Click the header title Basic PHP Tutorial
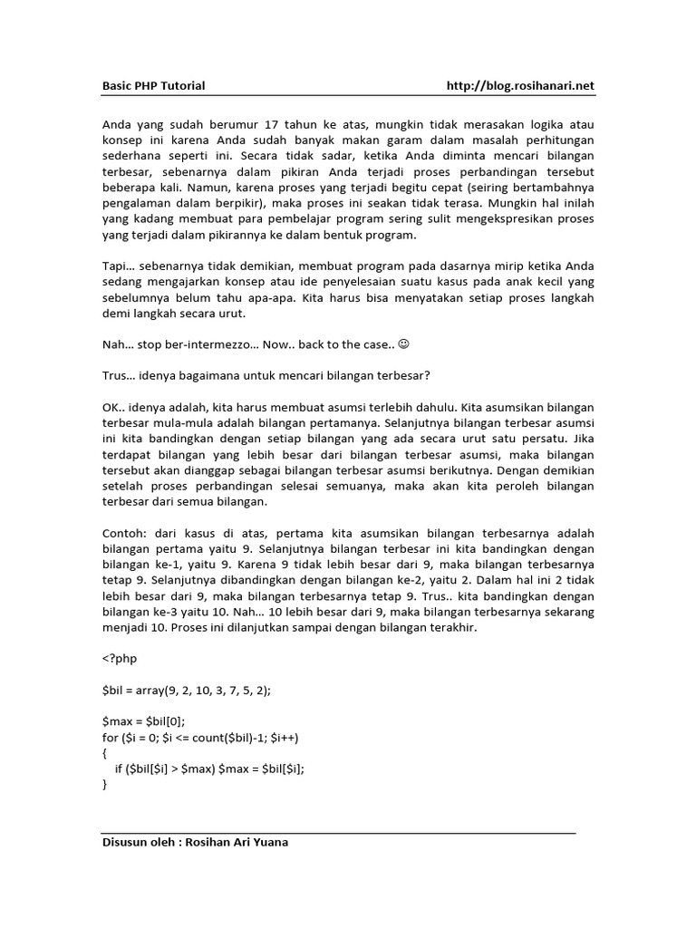pos(153,86)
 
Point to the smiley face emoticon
pos(404,345)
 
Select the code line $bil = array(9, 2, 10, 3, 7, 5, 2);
pos(187,690)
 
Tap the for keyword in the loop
pos(110,737)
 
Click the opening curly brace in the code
pos(104,753)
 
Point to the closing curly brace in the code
pos(104,786)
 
